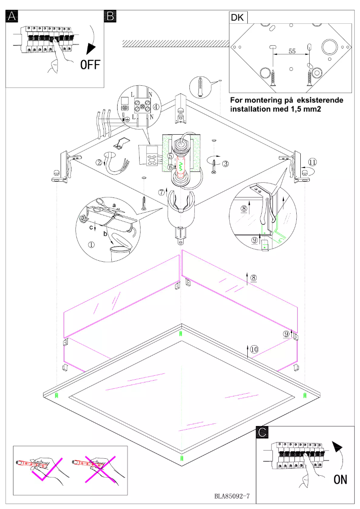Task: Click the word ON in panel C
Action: pyautogui.click(x=340, y=479)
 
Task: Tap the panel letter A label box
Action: pyautogui.click(x=12, y=17)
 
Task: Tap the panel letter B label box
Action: pyautogui.click(x=110, y=17)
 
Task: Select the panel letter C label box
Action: pyautogui.click(x=263, y=432)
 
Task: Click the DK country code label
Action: pyautogui.click(x=237, y=18)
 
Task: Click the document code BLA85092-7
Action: pyautogui.click(x=232, y=497)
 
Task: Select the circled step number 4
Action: pyautogui.click(x=156, y=107)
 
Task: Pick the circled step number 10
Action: pyautogui.click(x=254, y=350)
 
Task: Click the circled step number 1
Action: pyautogui.click(x=91, y=245)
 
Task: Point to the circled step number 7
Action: pyautogui.click(x=162, y=192)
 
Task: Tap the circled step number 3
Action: pyautogui.click(x=225, y=162)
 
